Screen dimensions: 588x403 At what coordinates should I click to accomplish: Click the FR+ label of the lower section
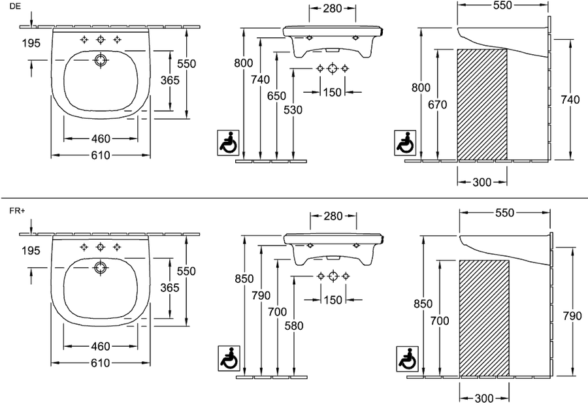click(17, 211)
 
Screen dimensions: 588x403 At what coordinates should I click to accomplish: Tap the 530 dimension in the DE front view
click(293, 110)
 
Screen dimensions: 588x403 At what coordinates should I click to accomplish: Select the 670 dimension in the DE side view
click(438, 105)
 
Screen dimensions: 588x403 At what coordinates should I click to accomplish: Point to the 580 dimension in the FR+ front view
click(294, 326)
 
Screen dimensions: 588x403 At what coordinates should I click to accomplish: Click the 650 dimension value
click(277, 96)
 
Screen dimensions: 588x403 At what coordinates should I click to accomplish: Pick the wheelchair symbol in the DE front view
click(228, 142)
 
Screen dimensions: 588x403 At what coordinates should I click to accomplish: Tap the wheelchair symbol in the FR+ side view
click(407, 359)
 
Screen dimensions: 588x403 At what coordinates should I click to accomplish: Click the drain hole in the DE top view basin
click(100, 60)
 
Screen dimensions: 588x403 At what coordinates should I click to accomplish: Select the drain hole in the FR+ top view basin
click(100, 268)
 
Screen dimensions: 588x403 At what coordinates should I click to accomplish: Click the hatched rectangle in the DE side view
click(482, 105)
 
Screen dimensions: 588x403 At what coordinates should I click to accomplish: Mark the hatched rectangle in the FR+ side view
click(485, 318)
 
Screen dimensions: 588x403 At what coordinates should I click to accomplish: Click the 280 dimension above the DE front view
click(333, 8)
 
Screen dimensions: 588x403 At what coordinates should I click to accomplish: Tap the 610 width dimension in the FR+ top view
click(101, 363)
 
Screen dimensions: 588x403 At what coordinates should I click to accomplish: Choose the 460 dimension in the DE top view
click(101, 138)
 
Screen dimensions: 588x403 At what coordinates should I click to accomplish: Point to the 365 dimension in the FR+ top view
click(170, 287)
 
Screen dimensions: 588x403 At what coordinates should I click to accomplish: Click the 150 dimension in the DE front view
click(333, 92)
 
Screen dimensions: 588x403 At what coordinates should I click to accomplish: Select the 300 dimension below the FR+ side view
click(484, 398)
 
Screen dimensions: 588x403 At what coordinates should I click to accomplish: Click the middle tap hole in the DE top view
click(100, 39)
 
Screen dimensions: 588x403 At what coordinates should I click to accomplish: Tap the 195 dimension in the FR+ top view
click(31, 250)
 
